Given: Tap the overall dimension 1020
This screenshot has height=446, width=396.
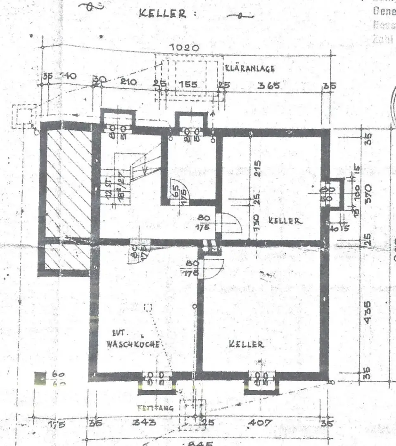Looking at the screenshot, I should point(185,48).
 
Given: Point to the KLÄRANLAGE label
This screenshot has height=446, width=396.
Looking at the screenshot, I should point(250,69).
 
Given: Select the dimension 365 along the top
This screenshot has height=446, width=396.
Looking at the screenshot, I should point(269,85).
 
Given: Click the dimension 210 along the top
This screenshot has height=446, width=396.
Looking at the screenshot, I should point(128,82).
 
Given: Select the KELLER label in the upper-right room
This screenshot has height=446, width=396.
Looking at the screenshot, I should point(285,221).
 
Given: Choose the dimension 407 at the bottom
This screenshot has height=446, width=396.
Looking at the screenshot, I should point(261,423).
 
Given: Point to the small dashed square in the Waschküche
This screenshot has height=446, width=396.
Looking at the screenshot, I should point(148,307).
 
